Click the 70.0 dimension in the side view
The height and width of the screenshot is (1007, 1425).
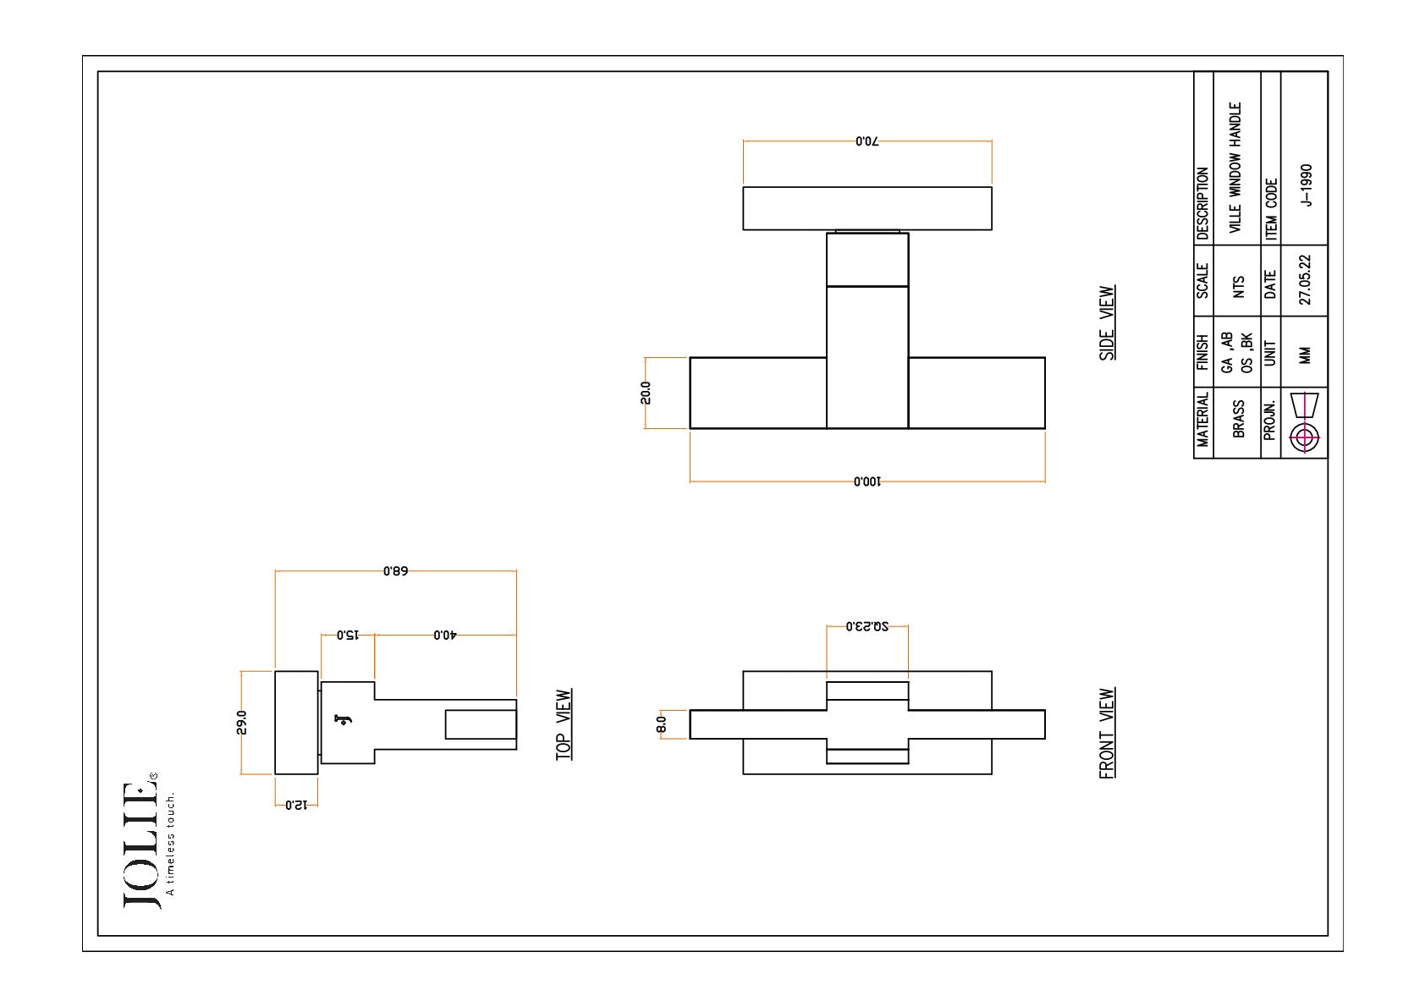click(x=867, y=141)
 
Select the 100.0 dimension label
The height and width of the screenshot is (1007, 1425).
click(x=867, y=481)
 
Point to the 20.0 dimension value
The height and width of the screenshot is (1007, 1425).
click(x=646, y=393)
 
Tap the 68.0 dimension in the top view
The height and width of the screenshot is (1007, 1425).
click(x=396, y=571)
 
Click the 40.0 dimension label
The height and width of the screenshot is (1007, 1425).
click(x=445, y=635)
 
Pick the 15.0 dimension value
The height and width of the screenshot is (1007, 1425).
click(x=348, y=635)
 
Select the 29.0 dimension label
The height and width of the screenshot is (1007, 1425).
click(x=242, y=723)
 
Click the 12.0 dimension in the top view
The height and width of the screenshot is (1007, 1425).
click(x=296, y=806)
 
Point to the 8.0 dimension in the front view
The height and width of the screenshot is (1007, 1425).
click(x=662, y=724)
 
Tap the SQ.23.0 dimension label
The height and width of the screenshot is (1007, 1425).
click(x=867, y=626)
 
